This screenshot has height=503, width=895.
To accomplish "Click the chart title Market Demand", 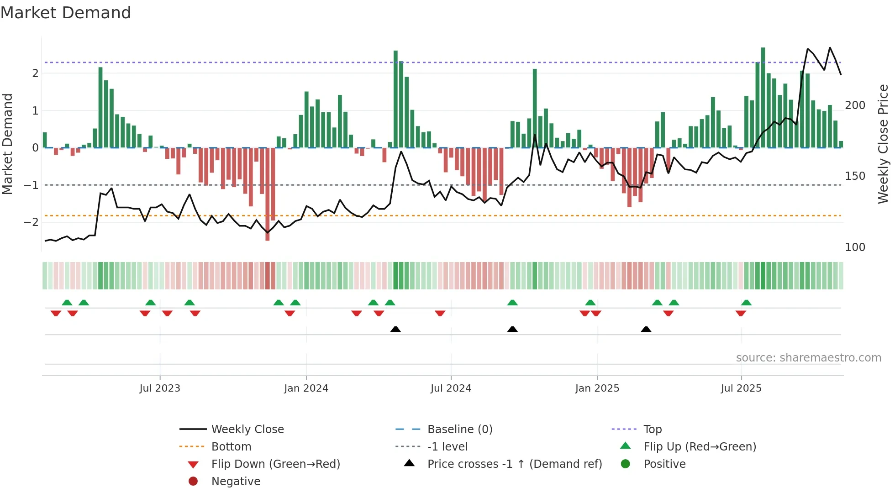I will coord(66,13).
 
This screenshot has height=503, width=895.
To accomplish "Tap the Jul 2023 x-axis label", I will coord(160,388).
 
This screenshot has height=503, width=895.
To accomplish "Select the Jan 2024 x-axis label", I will coord(306,388).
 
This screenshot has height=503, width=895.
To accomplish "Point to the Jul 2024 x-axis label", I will coord(451,388).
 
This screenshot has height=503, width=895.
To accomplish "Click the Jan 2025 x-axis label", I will coord(597,388).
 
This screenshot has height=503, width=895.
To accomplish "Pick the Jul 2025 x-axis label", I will coord(741,388).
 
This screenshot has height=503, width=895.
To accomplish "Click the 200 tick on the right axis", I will coord(855,105).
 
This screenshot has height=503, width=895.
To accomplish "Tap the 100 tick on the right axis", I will coord(855,247).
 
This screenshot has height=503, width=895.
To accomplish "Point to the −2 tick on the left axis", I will coord(31,222).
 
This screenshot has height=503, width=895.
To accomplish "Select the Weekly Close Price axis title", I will coord(883,144).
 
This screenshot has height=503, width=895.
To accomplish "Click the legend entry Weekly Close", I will coord(247,430).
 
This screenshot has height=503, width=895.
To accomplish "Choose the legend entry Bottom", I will coord(231,447).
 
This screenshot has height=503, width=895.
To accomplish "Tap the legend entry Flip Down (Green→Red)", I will coord(275,464).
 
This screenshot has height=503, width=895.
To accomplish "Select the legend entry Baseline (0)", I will coord(459,430).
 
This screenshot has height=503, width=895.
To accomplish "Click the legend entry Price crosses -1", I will coord(514,464).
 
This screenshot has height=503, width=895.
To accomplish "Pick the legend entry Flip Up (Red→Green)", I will coord(700,447).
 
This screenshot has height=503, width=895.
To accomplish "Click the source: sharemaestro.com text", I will coord(808,358).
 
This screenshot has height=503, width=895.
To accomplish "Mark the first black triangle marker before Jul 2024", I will coord(395,329).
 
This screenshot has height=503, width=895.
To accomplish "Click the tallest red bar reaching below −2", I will coord(268,196).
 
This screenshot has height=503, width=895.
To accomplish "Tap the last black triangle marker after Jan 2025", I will coord(646,329).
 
